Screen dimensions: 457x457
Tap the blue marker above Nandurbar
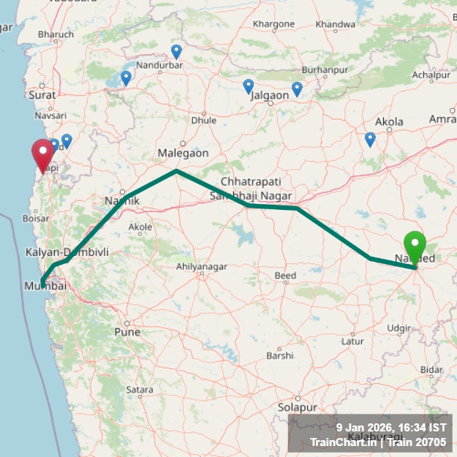tap(176, 52)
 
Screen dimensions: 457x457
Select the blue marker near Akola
tap(370, 139)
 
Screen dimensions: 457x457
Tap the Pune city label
tap(126, 332)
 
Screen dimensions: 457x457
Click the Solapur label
tap(296, 407)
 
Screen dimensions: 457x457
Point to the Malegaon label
tap(183, 153)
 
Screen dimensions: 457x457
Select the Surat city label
tap(42, 94)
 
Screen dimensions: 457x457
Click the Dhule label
tap(203, 120)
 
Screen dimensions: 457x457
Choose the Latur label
tap(353, 341)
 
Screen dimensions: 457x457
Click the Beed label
tap(285, 275)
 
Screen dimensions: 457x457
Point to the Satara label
tap(140, 390)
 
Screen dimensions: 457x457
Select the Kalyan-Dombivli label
tap(67, 252)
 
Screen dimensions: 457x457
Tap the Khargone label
tap(273, 24)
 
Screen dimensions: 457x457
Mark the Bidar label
tap(431, 370)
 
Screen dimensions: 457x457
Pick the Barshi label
tap(279, 355)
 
